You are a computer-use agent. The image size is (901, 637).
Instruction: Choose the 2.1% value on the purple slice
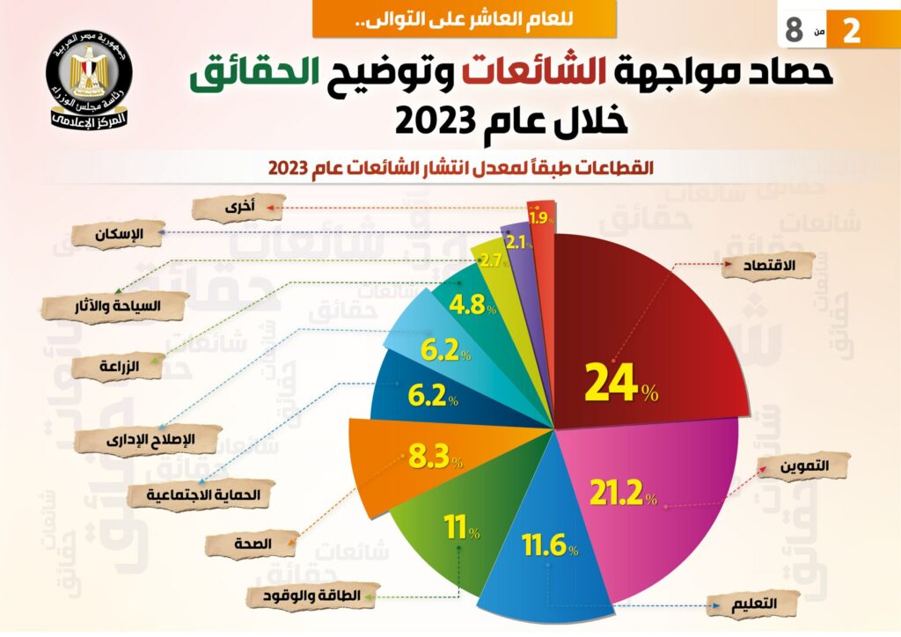click(x=516, y=243)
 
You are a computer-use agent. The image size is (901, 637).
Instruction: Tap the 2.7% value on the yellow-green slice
click(x=491, y=261)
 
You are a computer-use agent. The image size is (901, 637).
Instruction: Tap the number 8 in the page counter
click(x=794, y=29)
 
